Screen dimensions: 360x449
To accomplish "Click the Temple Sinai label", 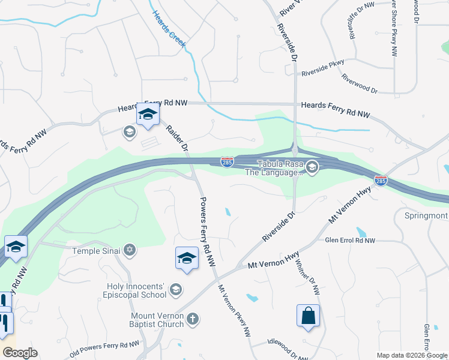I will click(x=97, y=250).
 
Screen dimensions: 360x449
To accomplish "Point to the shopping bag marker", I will click(x=308, y=316).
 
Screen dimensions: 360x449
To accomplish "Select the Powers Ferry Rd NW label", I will click(x=207, y=231).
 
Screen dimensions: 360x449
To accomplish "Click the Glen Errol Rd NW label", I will click(x=350, y=241).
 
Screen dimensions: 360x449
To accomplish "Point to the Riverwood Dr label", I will click(x=359, y=84).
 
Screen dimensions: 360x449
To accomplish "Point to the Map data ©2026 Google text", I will click(x=412, y=355).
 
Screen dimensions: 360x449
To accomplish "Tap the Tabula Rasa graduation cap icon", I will click(x=312, y=167).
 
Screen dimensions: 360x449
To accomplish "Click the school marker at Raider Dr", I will click(x=147, y=114).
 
